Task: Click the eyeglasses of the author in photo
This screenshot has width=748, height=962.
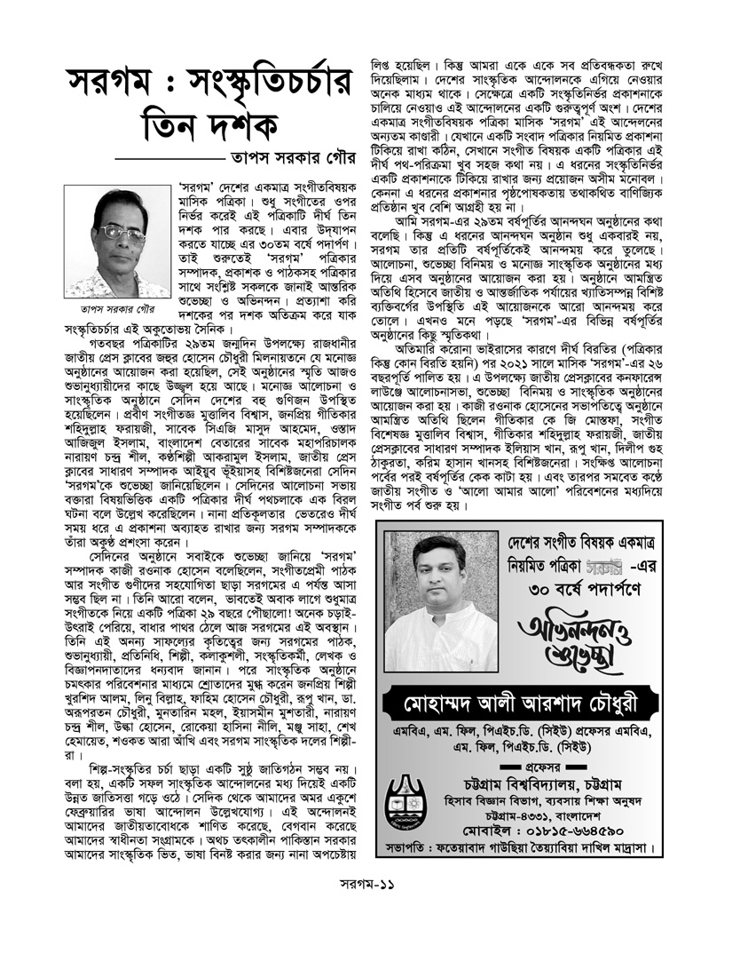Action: (x=117, y=233)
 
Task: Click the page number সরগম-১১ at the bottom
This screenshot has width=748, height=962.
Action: (x=373, y=909)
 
